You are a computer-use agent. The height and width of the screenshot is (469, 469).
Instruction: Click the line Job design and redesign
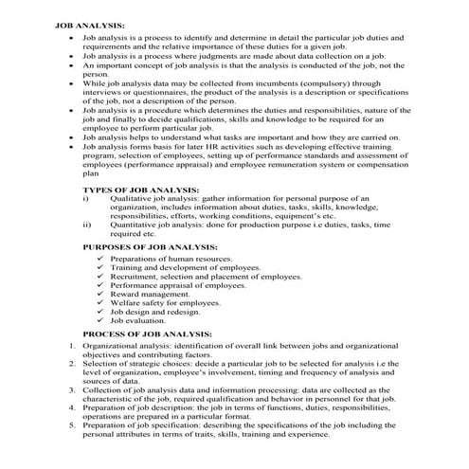tap(155, 312)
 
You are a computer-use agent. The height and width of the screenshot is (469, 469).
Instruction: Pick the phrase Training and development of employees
tap(185, 267)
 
